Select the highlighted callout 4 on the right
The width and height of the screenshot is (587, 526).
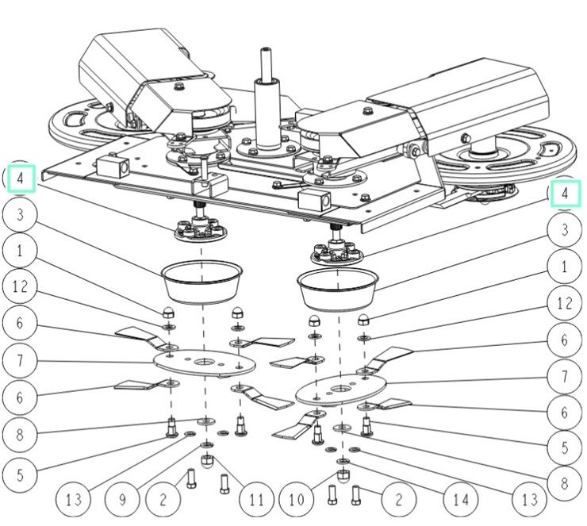click(566, 193)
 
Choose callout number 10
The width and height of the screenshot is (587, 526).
click(295, 500)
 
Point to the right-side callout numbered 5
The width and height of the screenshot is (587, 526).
click(566, 447)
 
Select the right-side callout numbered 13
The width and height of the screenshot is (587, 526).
click(529, 500)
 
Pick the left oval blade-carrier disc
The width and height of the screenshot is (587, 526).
click(204, 362)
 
